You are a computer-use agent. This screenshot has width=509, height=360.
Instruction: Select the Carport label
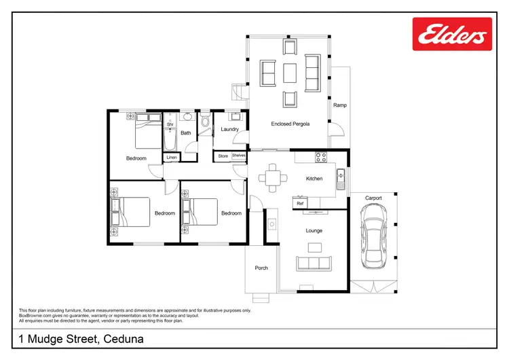tap(373, 198)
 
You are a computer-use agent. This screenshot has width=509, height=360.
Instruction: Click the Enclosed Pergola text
tap(290, 124)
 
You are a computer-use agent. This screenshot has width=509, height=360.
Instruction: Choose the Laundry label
tap(230, 129)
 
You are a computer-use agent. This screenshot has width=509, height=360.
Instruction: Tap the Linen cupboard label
tap(172, 158)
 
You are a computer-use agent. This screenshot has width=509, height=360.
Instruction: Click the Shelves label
tap(238, 156)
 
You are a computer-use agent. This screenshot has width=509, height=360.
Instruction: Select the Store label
tap(223, 156)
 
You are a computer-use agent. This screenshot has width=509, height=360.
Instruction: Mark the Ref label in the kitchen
tap(299, 203)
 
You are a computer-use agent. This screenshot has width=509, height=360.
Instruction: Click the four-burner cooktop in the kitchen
tap(321, 157)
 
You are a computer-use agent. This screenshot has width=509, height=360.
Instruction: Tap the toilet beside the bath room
tap(205, 125)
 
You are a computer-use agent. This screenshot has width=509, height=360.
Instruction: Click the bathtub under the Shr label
tap(170, 139)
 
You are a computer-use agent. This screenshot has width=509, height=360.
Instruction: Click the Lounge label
tap(314, 231)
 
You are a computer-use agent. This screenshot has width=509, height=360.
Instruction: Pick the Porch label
tap(261, 268)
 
